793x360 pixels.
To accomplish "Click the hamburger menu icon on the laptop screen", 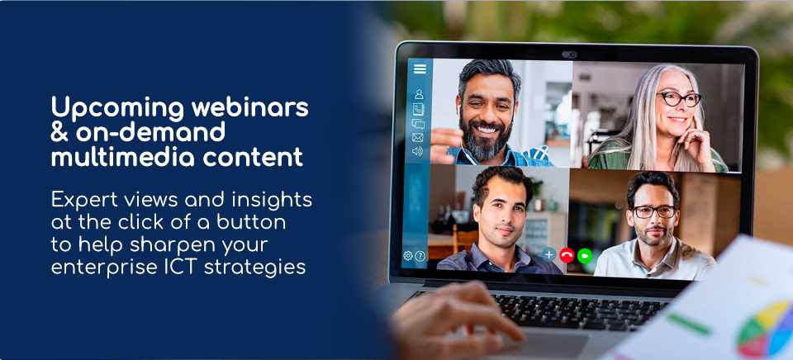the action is pyautogui.click(x=420, y=69).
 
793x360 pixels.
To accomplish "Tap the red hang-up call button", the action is pyautogui.click(x=567, y=255).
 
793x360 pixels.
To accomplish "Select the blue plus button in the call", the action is pyautogui.click(x=548, y=254).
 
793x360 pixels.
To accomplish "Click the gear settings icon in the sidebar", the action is pyautogui.click(x=407, y=256).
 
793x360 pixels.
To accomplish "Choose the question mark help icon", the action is pyautogui.click(x=420, y=256).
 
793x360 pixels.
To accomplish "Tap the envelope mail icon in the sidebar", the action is pyautogui.click(x=417, y=138).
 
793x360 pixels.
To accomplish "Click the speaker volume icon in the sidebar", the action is pyautogui.click(x=417, y=152).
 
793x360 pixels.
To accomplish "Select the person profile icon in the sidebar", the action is pyautogui.click(x=419, y=94).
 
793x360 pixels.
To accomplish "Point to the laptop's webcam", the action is pyautogui.click(x=569, y=54).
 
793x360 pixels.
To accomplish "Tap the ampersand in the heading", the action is pyautogui.click(x=60, y=132).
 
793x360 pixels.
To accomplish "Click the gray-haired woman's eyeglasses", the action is pyautogui.click(x=679, y=98).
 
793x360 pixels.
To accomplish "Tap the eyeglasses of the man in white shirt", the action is pyautogui.click(x=654, y=212).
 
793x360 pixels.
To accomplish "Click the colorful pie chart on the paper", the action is pyautogui.click(x=765, y=330).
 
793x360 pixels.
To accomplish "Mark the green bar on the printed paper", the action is pyautogui.click(x=689, y=324).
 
